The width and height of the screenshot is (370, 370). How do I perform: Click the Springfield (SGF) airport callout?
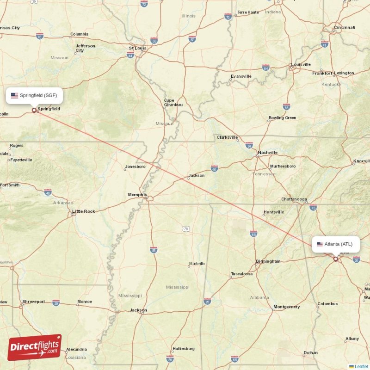[35, 96]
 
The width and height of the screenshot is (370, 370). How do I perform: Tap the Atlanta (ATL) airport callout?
[335, 244]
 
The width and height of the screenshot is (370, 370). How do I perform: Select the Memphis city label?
[137, 195]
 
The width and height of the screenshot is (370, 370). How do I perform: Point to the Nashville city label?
[268, 152]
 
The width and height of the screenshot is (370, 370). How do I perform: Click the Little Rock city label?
[84, 211]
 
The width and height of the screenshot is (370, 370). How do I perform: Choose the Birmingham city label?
[268, 261]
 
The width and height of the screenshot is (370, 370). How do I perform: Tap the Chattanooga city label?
[294, 199]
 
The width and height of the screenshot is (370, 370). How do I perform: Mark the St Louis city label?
[137, 48]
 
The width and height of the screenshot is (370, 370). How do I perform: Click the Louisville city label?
[300, 64]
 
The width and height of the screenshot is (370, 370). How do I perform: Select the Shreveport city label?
[34, 302]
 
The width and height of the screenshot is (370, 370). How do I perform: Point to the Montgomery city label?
[287, 307]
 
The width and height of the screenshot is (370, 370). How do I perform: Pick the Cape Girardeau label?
[173, 103]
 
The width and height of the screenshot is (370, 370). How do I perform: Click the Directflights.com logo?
[35, 347]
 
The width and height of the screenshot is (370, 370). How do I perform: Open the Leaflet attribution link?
[361, 366]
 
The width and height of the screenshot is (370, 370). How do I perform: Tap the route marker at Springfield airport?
[34, 110]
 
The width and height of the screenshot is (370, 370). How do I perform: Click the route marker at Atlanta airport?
[336, 259]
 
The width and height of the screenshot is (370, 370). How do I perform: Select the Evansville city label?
[241, 76]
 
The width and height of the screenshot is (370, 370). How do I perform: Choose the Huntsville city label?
[274, 212]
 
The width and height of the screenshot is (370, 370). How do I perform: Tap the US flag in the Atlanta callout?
[320, 244]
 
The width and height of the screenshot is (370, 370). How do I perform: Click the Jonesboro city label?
[135, 166]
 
